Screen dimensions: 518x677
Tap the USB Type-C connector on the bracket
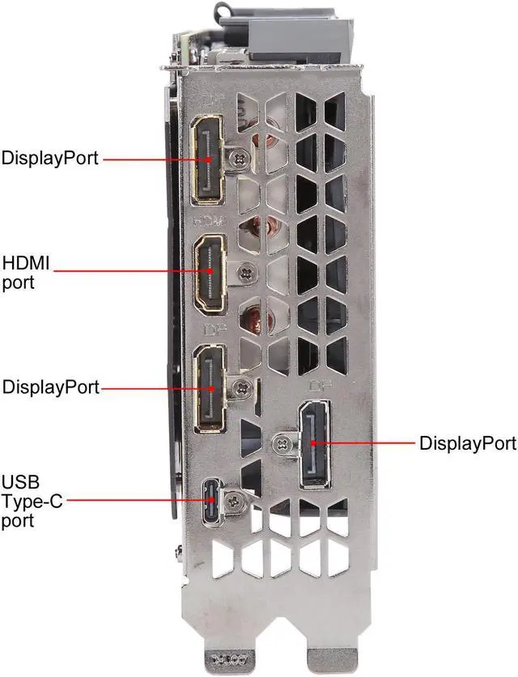(211, 501)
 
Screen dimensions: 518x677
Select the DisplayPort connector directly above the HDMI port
(209, 159)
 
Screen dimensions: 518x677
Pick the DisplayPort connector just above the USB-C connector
(210, 387)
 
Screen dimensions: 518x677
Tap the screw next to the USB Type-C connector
(236, 501)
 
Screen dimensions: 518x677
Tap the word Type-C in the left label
(28, 502)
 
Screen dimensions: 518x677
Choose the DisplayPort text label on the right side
(467, 443)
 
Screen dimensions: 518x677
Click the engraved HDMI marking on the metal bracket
(210, 220)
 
